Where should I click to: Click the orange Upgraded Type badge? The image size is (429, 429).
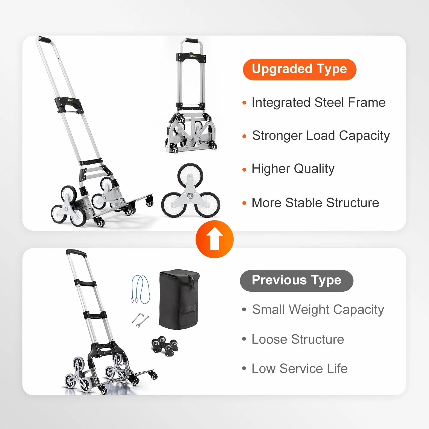[x=300, y=69]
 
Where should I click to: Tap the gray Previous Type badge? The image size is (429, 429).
[x=297, y=281]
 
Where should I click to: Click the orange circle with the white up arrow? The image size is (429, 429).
[x=215, y=239]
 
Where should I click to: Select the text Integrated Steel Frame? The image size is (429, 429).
[x=318, y=103]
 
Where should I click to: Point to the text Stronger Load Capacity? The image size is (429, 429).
[x=321, y=136]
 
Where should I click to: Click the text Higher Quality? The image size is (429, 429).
[x=293, y=169]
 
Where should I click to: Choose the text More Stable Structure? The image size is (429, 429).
[x=315, y=203]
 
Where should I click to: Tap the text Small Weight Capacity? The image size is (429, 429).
[x=318, y=310]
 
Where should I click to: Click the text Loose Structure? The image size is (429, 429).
[x=298, y=339]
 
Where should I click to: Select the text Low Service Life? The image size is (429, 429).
[x=300, y=369]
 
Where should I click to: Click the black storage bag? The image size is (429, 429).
[x=179, y=299]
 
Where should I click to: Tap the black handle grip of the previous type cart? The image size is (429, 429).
[x=76, y=253]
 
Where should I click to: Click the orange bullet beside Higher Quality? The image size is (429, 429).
[x=244, y=170]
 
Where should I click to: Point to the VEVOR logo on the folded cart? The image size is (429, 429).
[x=193, y=56]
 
